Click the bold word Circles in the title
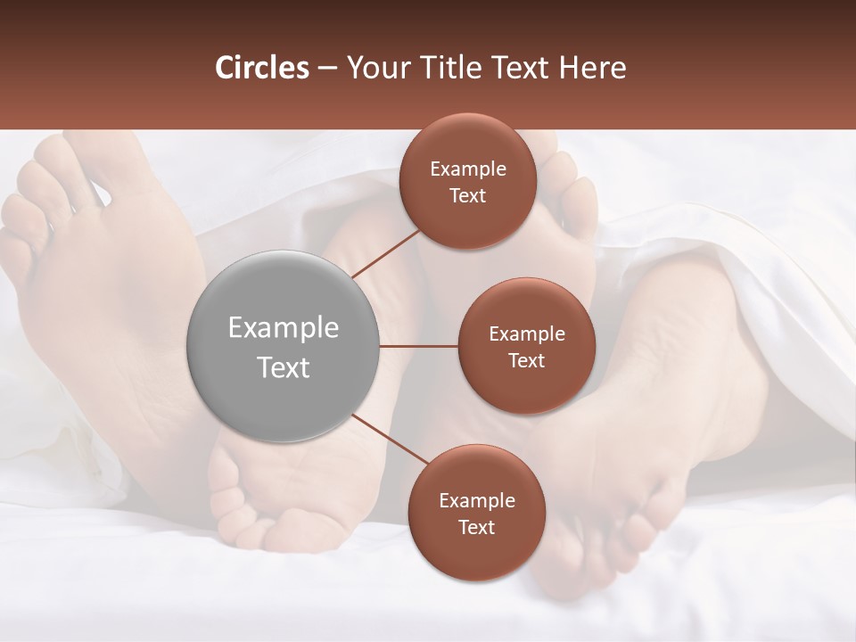[262, 68]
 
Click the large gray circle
[284, 346]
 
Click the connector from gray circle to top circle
[385, 254]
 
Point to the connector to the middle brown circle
[419, 346]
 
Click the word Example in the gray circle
[284, 328]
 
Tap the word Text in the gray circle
[284, 367]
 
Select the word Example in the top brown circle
[468, 169]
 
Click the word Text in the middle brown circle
[526, 361]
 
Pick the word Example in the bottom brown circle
[476, 501]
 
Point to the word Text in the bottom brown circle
[476, 528]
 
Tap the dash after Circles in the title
[327, 68]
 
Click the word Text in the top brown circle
[468, 196]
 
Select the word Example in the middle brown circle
[526, 334]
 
